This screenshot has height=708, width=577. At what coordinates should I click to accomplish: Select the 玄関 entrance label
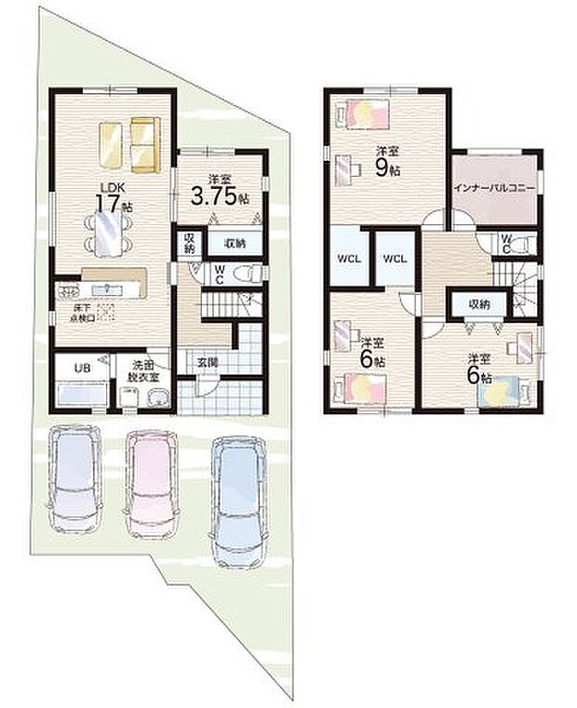pos(206,363)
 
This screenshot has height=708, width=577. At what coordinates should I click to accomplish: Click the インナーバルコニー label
pos(494,187)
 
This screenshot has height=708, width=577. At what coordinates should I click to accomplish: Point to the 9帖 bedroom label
pos(388,163)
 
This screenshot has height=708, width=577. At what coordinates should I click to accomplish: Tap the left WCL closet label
pos(349,257)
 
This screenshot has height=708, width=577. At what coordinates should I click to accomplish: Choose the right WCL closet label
pos(395,257)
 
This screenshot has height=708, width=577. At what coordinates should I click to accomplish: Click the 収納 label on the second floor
pos(479,304)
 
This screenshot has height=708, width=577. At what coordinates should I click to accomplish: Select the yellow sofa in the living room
pos(143,144)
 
